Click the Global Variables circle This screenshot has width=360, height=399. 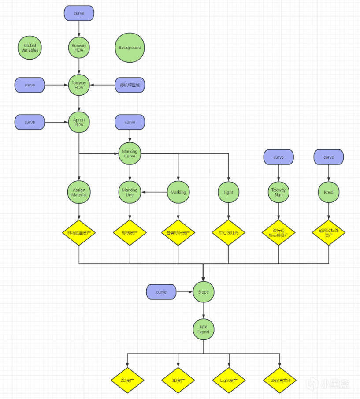[x=30, y=48]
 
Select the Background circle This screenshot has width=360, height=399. [x=130, y=48]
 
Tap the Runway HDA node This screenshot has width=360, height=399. [x=79, y=48]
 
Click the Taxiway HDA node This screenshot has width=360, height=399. [x=79, y=85]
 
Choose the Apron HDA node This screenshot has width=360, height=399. [x=79, y=122]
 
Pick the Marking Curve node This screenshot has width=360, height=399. [x=130, y=153]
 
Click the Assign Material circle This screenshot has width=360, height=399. [x=79, y=192]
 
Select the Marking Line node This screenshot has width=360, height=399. [x=130, y=192]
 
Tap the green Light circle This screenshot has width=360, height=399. [x=228, y=192]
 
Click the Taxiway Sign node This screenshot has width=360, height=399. [x=278, y=192]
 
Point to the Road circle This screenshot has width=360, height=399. [x=329, y=192]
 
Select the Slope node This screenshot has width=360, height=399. [x=204, y=292]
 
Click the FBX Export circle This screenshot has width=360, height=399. [x=204, y=329]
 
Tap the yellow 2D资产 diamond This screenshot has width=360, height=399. [x=127, y=380]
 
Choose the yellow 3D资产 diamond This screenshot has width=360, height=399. [x=178, y=380]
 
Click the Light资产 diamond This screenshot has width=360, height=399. [x=229, y=380]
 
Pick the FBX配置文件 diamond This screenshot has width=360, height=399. [x=279, y=380]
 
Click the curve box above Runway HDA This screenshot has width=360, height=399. [x=79, y=13]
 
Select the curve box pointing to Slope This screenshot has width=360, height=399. [x=161, y=292]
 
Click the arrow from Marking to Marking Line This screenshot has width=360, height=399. [x=154, y=192]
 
